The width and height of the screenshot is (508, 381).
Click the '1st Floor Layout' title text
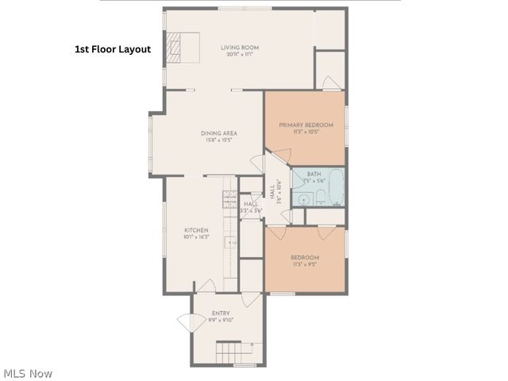(x=112, y=48)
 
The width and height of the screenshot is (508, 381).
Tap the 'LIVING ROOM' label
(x=240, y=48)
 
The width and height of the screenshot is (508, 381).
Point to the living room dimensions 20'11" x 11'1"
(x=240, y=55)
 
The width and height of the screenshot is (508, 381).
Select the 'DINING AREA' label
(x=219, y=133)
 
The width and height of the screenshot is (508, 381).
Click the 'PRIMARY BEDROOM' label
(x=306, y=125)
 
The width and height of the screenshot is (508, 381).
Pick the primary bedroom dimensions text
(x=306, y=133)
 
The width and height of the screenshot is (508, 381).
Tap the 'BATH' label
(x=314, y=174)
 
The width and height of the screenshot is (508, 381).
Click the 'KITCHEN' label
(x=196, y=230)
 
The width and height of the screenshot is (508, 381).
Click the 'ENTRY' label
(x=221, y=314)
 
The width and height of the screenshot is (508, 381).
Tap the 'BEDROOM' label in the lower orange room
(x=305, y=258)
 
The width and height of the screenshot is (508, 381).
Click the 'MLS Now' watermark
(x=29, y=373)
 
